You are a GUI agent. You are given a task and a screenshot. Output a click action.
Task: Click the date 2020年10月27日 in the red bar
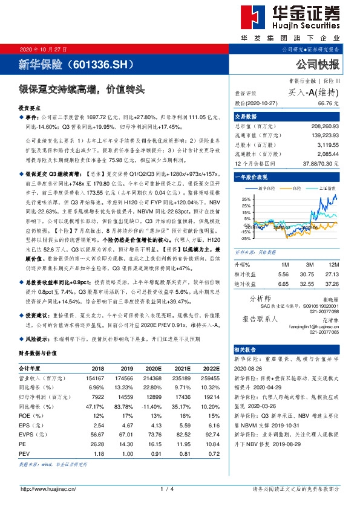click(x=43, y=48)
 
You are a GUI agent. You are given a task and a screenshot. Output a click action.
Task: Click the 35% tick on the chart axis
click(x=245, y=198)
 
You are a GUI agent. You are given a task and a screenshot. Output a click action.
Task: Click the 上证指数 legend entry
click(x=327, y=189)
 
